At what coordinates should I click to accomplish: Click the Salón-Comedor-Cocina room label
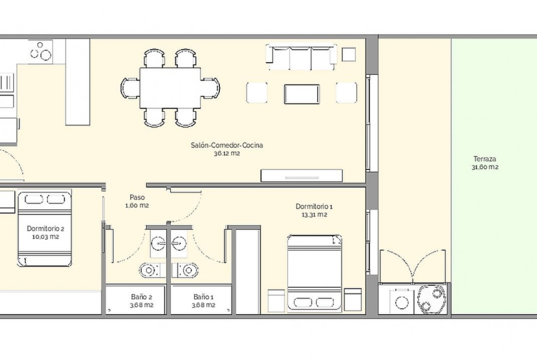pos(227,145)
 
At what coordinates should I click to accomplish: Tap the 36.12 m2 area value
pos(227,153)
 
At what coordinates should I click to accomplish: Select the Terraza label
pos(485,159)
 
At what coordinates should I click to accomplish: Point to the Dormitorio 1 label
pos(314,206)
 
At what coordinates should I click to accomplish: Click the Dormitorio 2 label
pos(45,228)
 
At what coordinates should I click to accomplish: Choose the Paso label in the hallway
pos(137,197)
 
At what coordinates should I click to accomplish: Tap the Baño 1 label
pos(203,297)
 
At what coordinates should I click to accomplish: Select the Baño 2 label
pos(141,297)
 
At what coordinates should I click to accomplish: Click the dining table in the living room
pos(170,88)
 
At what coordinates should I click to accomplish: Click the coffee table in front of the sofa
pos(302,94)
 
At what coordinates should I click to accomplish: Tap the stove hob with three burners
pos(40,51)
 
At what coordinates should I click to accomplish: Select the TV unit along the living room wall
pos(302,176)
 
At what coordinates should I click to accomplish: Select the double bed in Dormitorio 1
pos(314,273)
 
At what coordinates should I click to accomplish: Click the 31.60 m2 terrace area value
pos(485,167)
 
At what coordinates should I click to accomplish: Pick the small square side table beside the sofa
pos(349,55)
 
